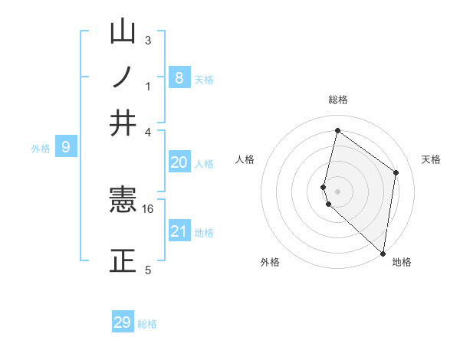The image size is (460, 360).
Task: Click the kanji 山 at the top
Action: [123, 31]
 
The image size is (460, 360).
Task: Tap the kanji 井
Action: [123, 123]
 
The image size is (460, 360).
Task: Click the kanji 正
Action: [123, 260]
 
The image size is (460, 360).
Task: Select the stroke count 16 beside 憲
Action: [147, 209]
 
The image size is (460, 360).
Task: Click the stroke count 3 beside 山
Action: [148, 40]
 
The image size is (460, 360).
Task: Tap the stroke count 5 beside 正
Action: [148, 270]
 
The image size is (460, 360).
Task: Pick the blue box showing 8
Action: [179, 77]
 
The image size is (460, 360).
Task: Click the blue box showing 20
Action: [179, 162]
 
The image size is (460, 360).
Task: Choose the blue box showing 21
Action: [179, 230]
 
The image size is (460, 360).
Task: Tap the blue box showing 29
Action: [123, 321]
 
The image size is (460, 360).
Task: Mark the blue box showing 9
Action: [66, 146]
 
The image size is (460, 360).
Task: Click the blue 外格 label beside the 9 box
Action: [41, 149]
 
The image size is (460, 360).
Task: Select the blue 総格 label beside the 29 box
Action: [147, 324]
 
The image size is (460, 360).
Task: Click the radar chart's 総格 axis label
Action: [338, 100]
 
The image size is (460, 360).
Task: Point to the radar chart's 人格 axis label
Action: [245, 159]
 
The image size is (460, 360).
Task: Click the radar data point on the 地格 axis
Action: [383, 254]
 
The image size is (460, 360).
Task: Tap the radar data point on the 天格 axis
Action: [396, 172]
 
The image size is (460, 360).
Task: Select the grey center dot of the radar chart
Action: [337, 191]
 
